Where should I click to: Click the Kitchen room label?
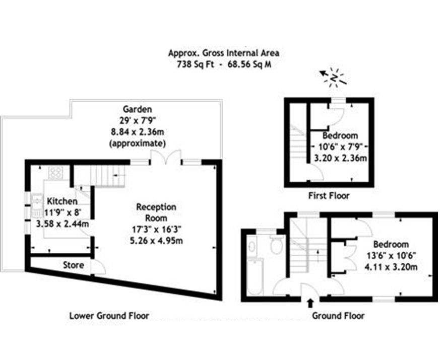[62, 201]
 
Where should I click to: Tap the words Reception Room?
[156, 212]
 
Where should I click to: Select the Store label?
[74, 265]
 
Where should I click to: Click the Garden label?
[137, 109]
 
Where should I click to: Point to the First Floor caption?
[329, 195]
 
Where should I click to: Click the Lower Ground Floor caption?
[109, 316]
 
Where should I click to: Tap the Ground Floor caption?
[338, 316]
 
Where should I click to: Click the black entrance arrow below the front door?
[310, 303]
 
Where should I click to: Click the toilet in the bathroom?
[276, 244]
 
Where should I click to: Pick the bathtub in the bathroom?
[255, 277]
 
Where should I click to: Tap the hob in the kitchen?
[55, 173]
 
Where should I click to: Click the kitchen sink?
[37, 205]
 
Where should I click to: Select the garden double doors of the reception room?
[166, 157]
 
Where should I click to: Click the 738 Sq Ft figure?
[194, 64]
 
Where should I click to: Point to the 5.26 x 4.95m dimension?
[156, 241]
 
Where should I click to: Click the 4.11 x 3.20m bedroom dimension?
[391, 267]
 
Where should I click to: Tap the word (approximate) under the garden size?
[137, 143]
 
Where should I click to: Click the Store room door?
[98, 267]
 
